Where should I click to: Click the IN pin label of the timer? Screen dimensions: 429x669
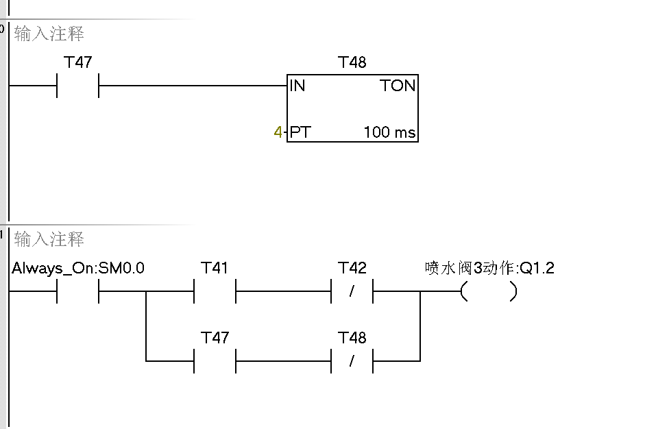pyautogui.click(x=297, y=86)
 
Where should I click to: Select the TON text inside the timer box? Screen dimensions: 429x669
pyautogui.click(x=398, y=86)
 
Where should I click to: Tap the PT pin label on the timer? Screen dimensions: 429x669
pyautogui.click(x=300, y=132)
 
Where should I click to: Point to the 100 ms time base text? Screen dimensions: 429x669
pyautogui.click(x=389, y=132)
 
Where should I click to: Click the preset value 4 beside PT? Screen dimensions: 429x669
pyautogui.click(x=278, y=132)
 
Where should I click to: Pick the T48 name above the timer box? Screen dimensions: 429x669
pyautogui.click(x=352, y=62)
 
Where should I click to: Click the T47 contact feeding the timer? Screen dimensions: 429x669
pyautogui.click(x=78, y=86)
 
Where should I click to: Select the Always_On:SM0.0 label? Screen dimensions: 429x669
pyautogui.click(x=78, y=268)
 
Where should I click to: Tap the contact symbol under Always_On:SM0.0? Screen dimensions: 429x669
pyautogui.click(x=78, y=291)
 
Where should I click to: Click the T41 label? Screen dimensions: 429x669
pyautogui.click(x=215, y=268)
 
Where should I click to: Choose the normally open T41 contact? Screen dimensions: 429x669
pyautogui.click(x=215, y=291)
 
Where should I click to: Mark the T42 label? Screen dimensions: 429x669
pyautogui.click(x=352, y=268)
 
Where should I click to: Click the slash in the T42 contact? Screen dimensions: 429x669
pyautogui.click(x=352, y=292)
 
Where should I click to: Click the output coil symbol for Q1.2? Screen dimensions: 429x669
pyautogui.click(x=489, y=292)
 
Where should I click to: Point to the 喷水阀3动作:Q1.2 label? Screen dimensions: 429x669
pyautogui.click(x=489, y=268)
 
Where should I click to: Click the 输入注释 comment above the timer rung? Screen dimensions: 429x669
pyautogui.click(x=49, y=34)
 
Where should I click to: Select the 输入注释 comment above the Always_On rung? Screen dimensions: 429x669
pyautogui.click(x=49, y=239)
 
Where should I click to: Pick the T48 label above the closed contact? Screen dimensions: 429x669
pyautogui.click(x=352, y=337)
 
